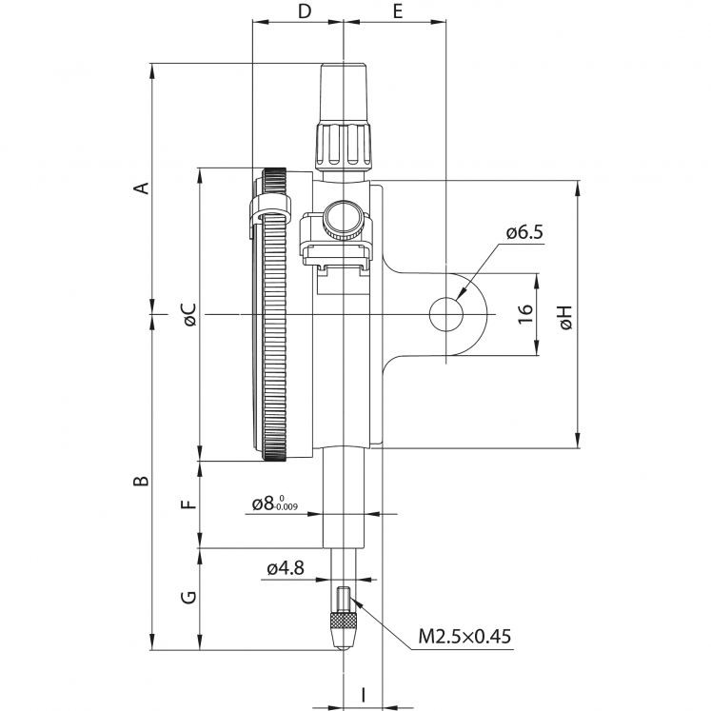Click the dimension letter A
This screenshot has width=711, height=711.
coord(141,188)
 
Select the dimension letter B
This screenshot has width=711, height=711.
coord(141,482)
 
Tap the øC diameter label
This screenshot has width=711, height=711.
coord(188,315)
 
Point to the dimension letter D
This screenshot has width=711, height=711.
coord(304,11)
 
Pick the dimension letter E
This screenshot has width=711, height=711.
coord(397,11)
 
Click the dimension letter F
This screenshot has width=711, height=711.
coord(188,504)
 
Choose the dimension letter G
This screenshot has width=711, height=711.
coord(188,598)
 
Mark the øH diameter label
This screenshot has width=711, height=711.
coord(565,318)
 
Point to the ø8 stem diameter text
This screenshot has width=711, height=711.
coord(274,504)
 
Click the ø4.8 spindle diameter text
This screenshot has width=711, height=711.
coord(285,568)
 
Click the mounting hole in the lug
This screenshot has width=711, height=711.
coord(444,313)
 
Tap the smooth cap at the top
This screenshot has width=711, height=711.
coord(343,91)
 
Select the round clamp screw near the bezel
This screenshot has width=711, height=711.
coord(341,221)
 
